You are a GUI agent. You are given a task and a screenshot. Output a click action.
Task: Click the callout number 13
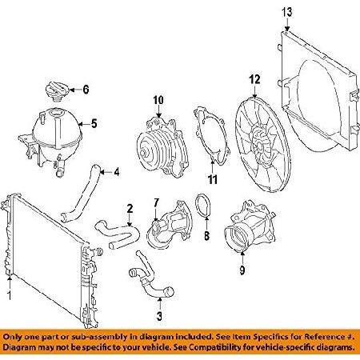[287, 10]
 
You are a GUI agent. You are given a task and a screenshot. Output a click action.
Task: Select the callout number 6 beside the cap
[87, 89]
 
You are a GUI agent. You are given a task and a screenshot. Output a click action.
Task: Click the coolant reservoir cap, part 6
[60, 89]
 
